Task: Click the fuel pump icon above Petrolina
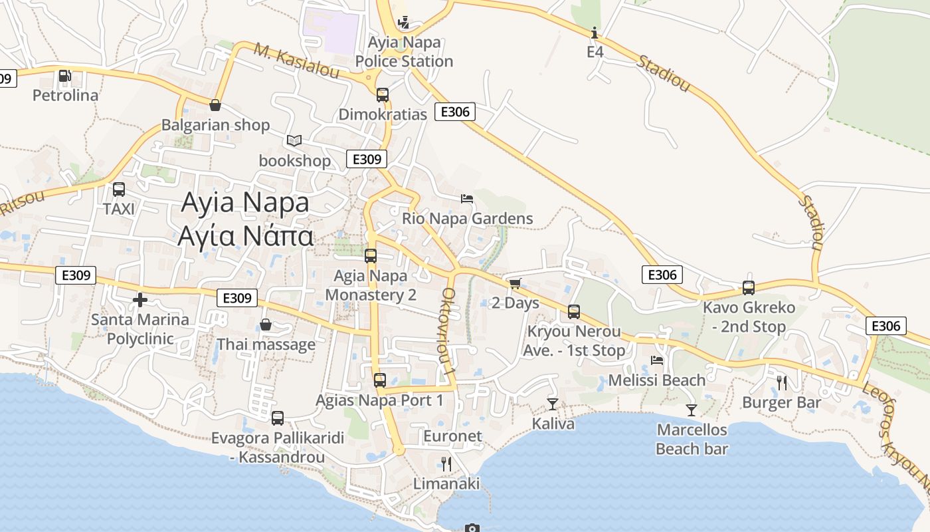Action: point(64,76)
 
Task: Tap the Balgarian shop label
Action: point(215,125)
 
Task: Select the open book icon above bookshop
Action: point(294,140)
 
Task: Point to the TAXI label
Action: point(119,209)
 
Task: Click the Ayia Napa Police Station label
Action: point(404,52)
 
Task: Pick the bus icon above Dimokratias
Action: point(382,94)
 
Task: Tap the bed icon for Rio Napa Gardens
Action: point(467,198)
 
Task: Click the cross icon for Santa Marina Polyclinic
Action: point(140,300)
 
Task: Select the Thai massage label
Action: point(266,344)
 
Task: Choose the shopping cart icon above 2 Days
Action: point(515,284)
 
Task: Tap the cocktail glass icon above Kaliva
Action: point(553,404)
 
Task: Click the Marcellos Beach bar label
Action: point(692,439)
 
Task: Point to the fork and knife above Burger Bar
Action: point(781,382)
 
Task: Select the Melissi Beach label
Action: point(657,380)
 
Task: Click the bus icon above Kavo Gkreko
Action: point(749,288)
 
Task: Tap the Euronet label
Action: point(452,436)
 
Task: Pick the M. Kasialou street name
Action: point(297,61)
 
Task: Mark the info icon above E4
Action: point(595,33)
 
